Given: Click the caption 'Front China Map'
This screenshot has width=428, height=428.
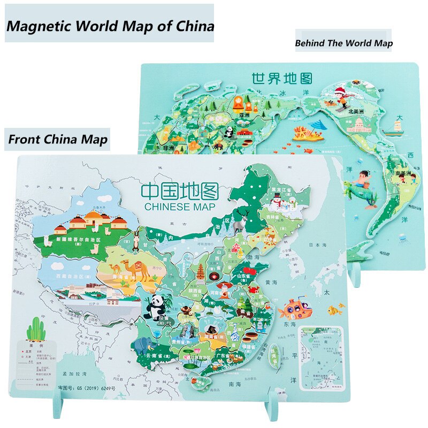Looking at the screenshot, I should coord(58,140).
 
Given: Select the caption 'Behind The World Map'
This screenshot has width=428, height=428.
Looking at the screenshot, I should coord(343,43).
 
